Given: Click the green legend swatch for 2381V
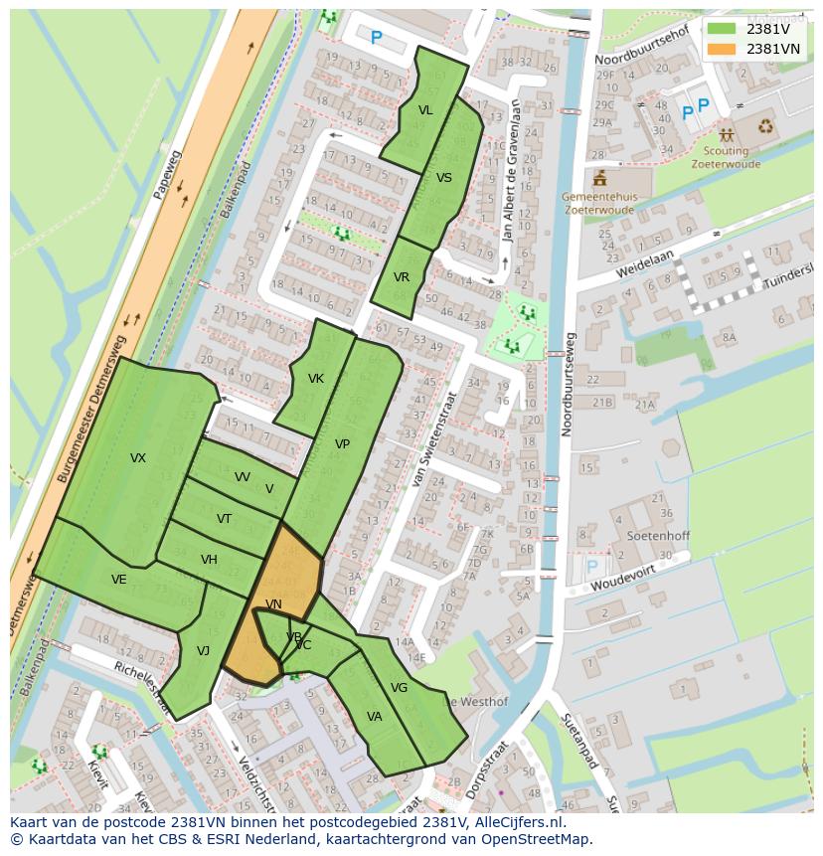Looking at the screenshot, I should tap(722, 28).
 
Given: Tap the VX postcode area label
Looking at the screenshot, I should tap(138, 458).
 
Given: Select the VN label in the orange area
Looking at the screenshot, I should tap(273, 604).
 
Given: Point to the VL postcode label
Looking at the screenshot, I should tap(425, 110).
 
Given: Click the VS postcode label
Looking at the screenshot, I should tap(444, 178).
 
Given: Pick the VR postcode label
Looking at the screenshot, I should tap(402, 277).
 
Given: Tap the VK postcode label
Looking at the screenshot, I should tap(316, 379).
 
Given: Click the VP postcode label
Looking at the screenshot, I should tap(342, 444).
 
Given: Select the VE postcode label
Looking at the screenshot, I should tap(119, 580).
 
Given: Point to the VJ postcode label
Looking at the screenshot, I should tap(203, 651).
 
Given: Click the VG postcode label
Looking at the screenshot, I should tap(399, 688).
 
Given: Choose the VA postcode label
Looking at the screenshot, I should tap(375, 717).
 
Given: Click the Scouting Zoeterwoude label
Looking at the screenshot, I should tap(726, 157).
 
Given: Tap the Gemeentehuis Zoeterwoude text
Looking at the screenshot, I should tap(598, 204).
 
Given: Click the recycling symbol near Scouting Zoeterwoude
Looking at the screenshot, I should tap(766, 126).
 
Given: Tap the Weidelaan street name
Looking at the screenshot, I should tap(644, 262).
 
